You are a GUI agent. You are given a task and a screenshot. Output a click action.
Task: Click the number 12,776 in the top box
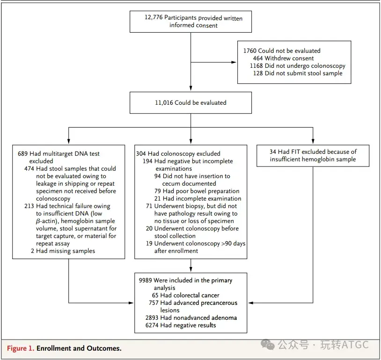coord(154,17)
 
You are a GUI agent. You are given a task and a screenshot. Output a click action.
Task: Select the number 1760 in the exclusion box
coord(250,51)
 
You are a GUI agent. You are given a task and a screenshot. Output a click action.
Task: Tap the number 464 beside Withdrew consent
coord(258,58)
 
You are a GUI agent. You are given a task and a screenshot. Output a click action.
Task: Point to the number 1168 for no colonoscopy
coord(256,66)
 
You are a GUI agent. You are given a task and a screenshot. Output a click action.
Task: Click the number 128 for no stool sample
coord(258,73)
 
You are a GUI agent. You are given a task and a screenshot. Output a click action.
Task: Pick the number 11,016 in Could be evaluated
coord(164,103)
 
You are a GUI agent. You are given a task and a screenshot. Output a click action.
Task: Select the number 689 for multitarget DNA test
coord(22,154)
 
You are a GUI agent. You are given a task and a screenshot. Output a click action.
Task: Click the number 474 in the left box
coord(29,168)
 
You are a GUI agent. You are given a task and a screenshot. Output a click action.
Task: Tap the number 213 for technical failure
coord(29,206)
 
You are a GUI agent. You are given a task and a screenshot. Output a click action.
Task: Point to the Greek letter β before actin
coord(38,222)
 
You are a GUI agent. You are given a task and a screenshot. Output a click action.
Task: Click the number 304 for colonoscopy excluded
coord(141,154)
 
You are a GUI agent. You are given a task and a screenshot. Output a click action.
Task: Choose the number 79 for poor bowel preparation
coord(157,191)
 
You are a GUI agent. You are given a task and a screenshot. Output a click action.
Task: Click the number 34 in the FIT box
coord(273,152)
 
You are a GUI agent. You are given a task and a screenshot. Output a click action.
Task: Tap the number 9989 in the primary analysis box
coord(145,281)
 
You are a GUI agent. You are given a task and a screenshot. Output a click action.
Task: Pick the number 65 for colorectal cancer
coord(155,295)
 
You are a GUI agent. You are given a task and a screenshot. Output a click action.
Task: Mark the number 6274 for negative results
coord(152,325)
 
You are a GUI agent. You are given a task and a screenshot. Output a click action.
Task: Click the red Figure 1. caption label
coord(21,348)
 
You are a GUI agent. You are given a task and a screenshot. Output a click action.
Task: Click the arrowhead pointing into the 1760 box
coord(234,62)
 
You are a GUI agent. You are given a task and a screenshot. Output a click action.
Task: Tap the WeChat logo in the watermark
coord(268,345)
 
